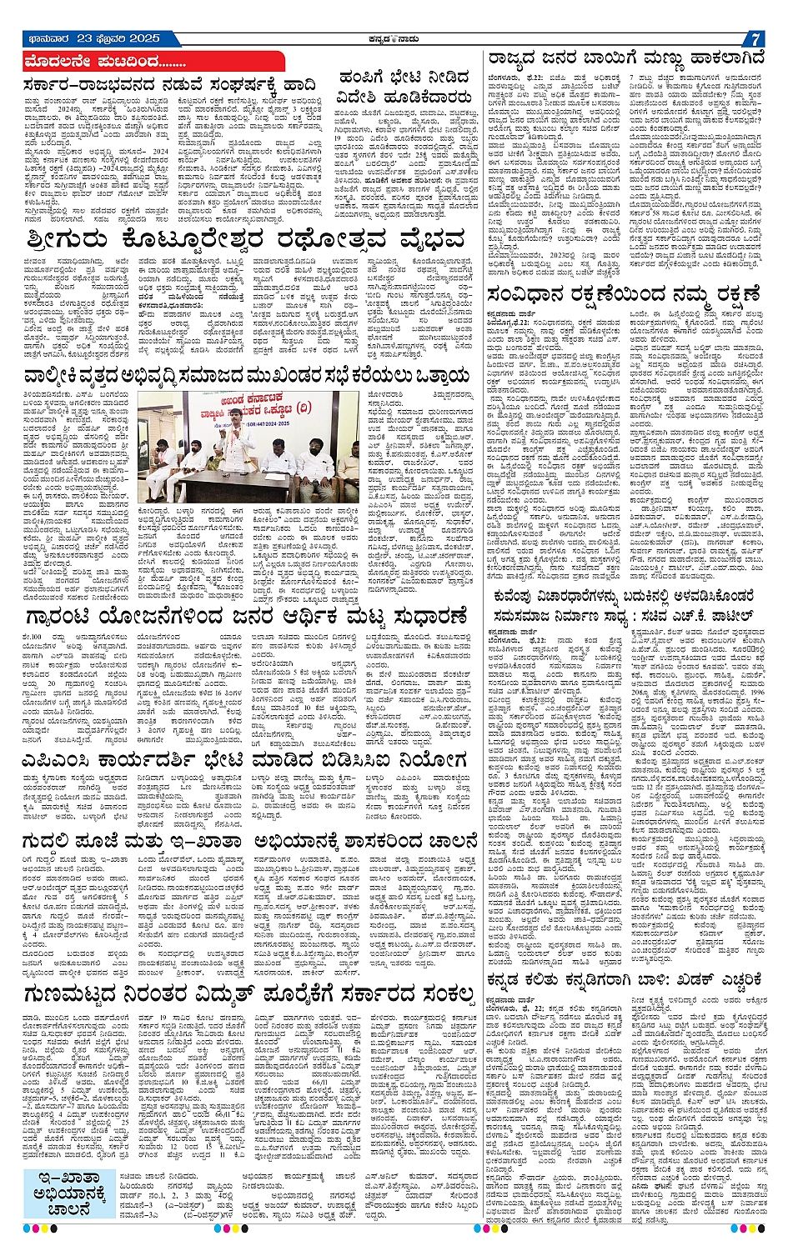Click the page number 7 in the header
pyautogui.click(x=753, y=39)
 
